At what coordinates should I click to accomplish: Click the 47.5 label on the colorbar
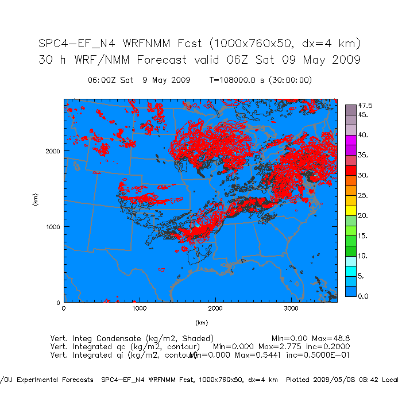(366, 106)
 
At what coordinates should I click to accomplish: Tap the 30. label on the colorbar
(364, 175)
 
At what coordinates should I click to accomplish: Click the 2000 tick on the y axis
(54, 151)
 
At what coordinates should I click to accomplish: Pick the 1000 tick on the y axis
(54, 227)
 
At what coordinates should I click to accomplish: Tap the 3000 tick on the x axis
(291, 309)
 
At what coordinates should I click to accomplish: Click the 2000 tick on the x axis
(215, 309)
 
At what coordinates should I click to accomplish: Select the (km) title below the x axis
(200, 323)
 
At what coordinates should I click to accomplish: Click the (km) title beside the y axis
(35, 200)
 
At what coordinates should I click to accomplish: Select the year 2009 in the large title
(343, 60)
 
